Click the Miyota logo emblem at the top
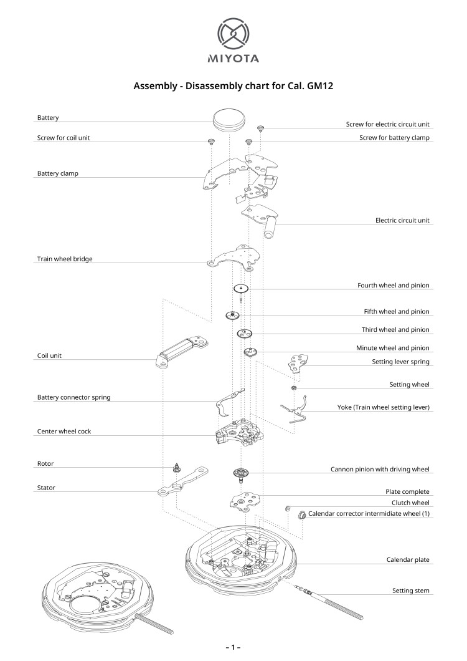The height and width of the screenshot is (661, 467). coord(233,34)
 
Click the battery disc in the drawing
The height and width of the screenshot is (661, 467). coord(227,118)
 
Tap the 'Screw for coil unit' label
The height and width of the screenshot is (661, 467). coord(64,138)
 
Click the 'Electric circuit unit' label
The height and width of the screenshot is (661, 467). coord(402,220)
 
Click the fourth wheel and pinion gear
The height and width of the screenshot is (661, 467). coord(241,289)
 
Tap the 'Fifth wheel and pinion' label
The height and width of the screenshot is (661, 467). coord(397,311)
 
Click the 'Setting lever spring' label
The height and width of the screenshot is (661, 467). coord(400,362)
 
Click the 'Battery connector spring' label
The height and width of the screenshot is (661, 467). coord(74,397)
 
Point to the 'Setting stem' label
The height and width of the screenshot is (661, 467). coord(410,590)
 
